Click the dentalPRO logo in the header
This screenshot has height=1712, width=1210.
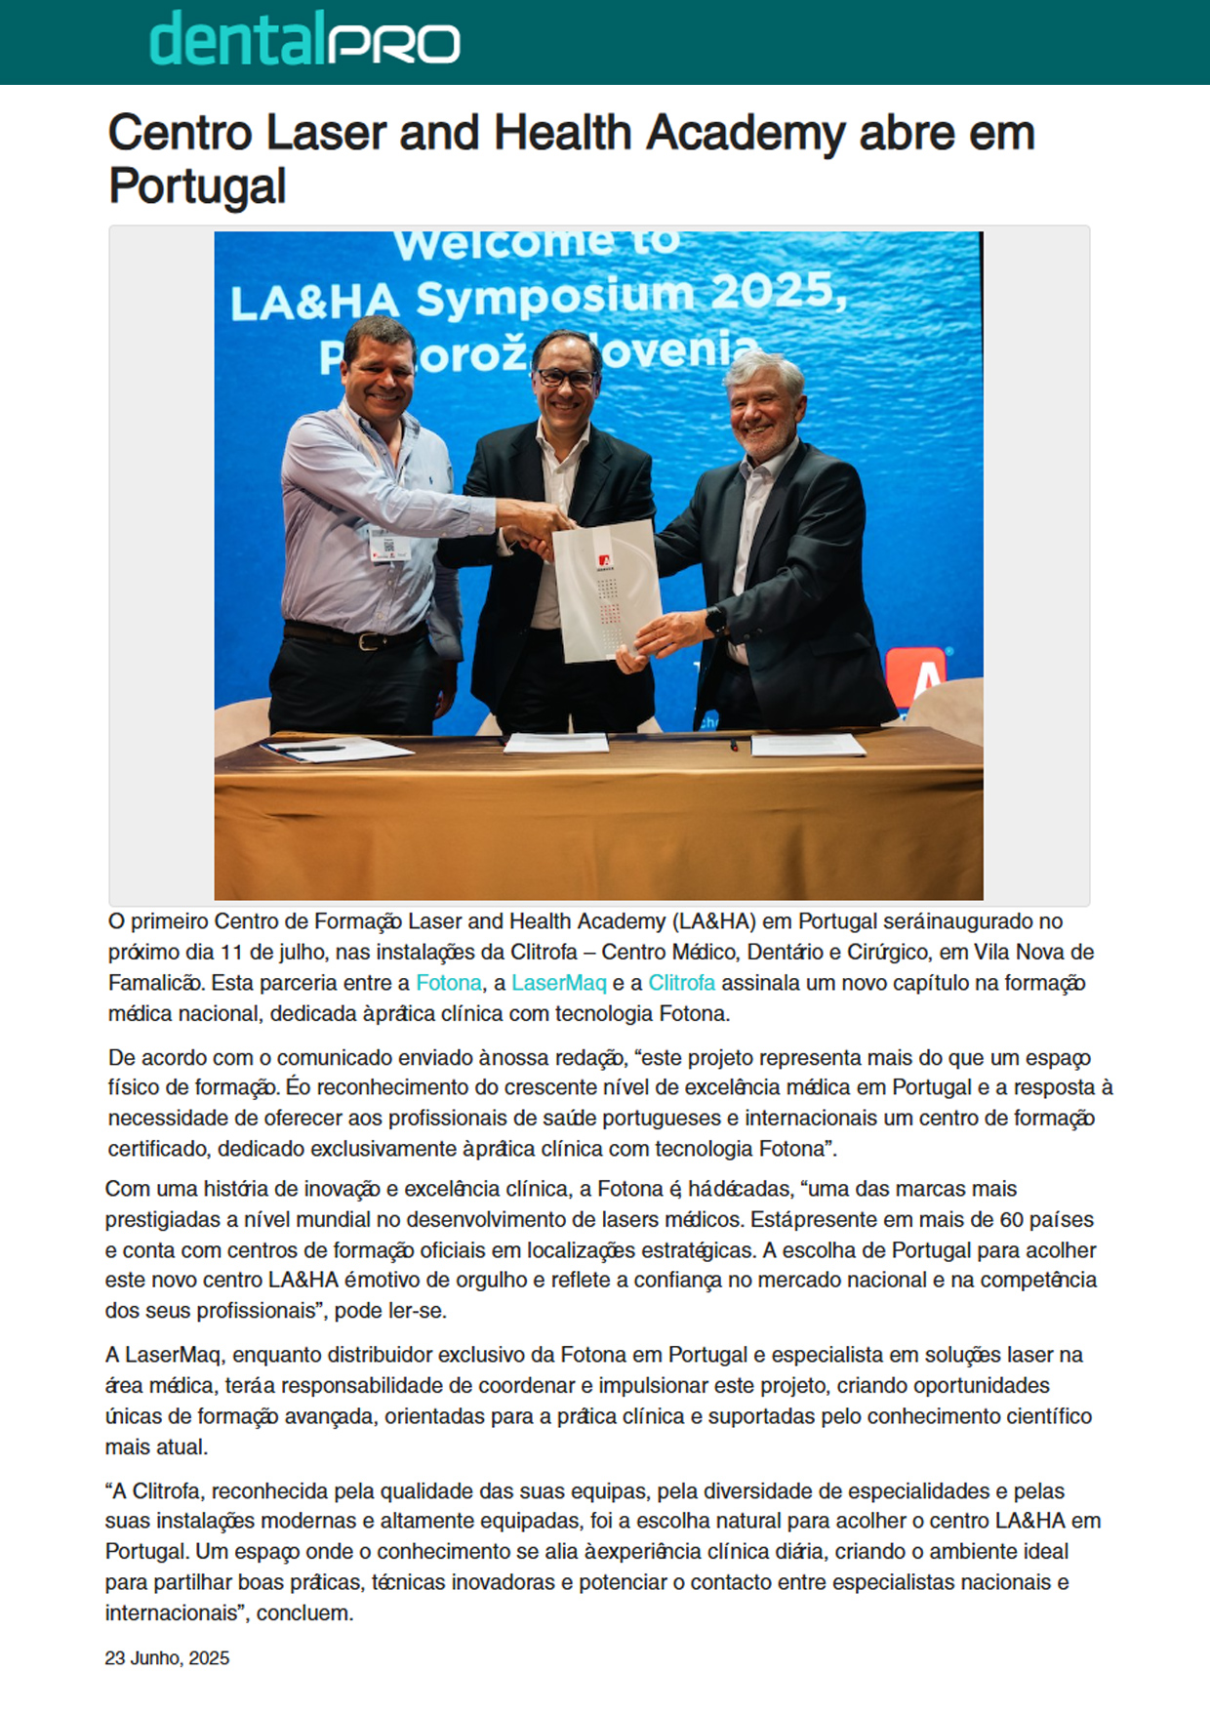pyautogui.click(x=303, y=42)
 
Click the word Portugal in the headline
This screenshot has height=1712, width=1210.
pyautogui.click(x=197, y=185)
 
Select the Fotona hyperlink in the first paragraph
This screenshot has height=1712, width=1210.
pyautogui.click(x=448, y=983)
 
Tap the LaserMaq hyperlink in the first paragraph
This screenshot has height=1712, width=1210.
pyautogui.click(x=558, y=983)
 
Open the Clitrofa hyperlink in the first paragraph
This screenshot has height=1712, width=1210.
pyautogui.click(x=681, y=983)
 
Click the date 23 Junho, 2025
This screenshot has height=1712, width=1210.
pyautogui.click(x=167, y=1658)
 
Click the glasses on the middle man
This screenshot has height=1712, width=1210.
pyautogui.click(x=566, y=377)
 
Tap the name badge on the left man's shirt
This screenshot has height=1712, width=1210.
pyautogui.click(x=389, y=547)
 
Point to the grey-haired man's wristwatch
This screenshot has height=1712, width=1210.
pyautogui.click(x=719, y=621)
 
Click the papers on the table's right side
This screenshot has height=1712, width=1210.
pyautogui.click(x=807, y=746)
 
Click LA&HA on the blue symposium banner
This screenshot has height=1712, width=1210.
pyautogui.click(x=314, y=303)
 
